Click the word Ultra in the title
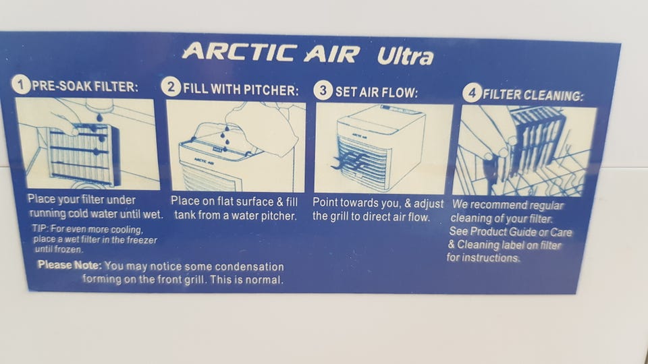[x=406, y=56]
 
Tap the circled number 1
[x=21, y=84]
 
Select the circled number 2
[x=171, y=87]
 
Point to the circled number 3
[x=323, y=90]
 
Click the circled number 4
[x=472, y=92]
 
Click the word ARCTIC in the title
[x=239, y=53]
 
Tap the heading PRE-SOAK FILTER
[x=85, y=86]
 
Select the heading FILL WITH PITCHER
[x=240, y=90]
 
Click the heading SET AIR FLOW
[x=376, y=92]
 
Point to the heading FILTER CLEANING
[x=533, y=95]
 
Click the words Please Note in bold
[x=70, y=265]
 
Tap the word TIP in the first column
[x=40, y=229]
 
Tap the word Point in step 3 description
[x=325, y=203]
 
